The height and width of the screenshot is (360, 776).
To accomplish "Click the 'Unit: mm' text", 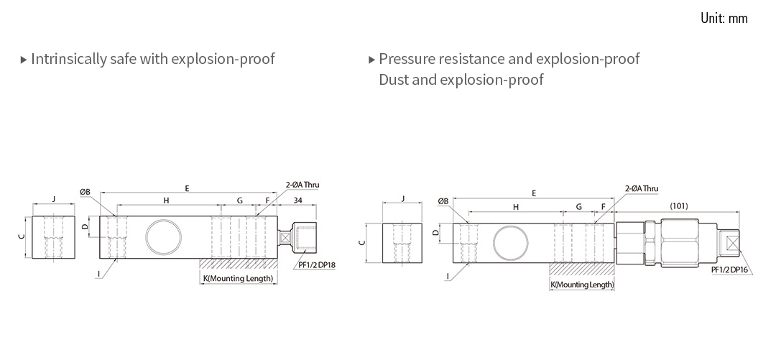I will tap(724, 18).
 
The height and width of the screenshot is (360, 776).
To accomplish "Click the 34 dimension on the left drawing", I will tap(297, 200).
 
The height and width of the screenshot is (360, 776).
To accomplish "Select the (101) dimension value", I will tap(678, 206).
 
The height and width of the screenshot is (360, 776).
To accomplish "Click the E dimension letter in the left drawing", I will tap(187, 188).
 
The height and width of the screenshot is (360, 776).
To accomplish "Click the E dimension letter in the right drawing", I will tap(534, 193).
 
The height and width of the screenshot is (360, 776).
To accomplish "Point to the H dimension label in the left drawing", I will tap(166, 200).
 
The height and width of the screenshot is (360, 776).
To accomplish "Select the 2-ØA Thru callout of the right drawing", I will tap(641, 188).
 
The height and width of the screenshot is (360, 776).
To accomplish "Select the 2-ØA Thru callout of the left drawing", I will tap(302, 185).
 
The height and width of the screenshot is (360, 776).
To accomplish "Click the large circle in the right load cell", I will tap(509, 240).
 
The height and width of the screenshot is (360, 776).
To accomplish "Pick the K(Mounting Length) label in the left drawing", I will tap(238, 278).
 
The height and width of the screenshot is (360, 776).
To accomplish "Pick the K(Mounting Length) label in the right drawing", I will tap(582, 285).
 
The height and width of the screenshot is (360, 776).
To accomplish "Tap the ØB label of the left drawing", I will tap(85, 192).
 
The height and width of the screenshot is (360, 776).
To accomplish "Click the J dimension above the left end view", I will tap(54, 199).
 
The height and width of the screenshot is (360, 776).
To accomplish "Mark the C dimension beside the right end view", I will tap(361, 243).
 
